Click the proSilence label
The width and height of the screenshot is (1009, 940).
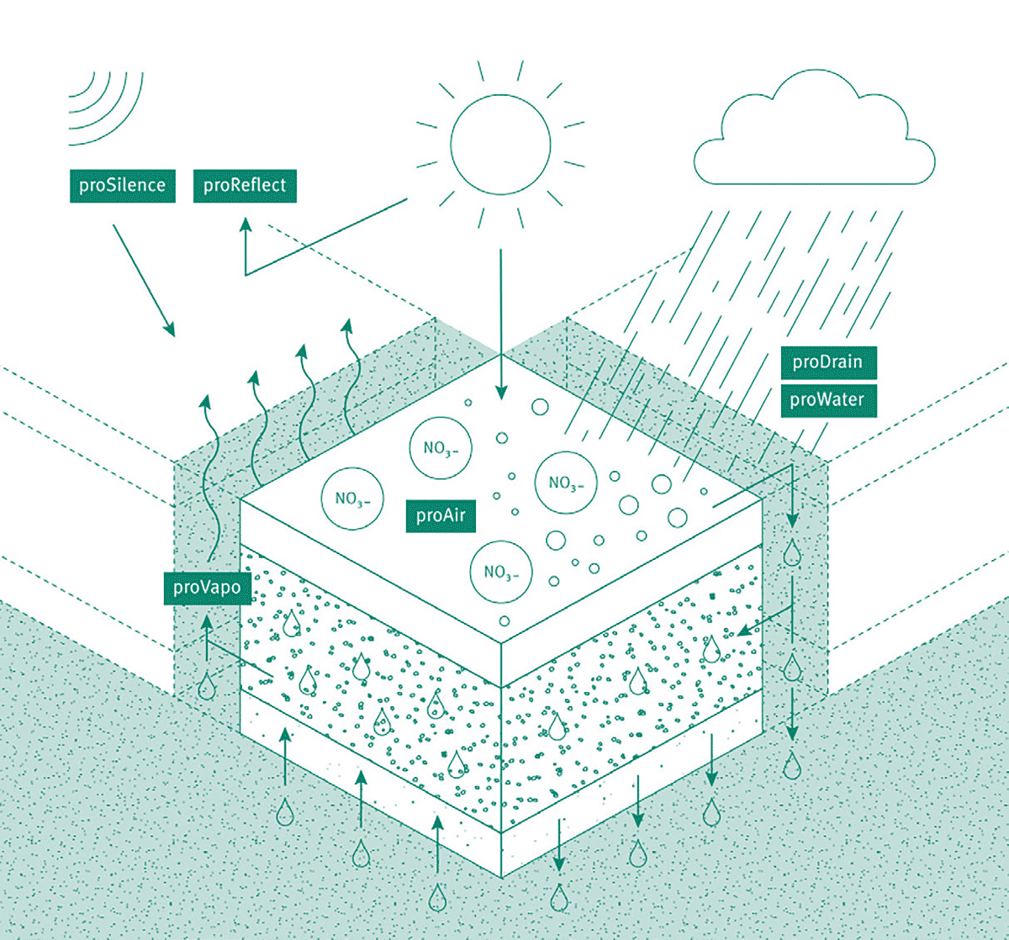[x=123, y=186]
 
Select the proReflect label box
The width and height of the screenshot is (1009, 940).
[x=245, y=186]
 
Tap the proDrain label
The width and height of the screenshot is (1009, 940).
[x=828, y=362]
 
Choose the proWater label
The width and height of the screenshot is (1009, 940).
[x=828, y=401]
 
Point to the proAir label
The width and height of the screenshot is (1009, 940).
[x=441, y=516]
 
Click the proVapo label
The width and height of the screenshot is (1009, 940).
[x=208, y=588]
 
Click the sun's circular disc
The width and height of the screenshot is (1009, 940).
[x=500, y=145]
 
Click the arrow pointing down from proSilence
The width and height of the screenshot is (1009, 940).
[x=144, y=281]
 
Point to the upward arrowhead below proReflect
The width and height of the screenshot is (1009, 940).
[x=246, y=225]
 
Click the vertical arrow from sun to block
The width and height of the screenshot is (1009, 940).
[x=501, y=325]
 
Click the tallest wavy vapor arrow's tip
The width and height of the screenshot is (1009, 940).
[x=347, y=321]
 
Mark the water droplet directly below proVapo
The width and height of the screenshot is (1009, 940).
[x=207, y=687]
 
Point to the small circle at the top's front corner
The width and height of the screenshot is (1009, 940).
[x=504, y=621]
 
